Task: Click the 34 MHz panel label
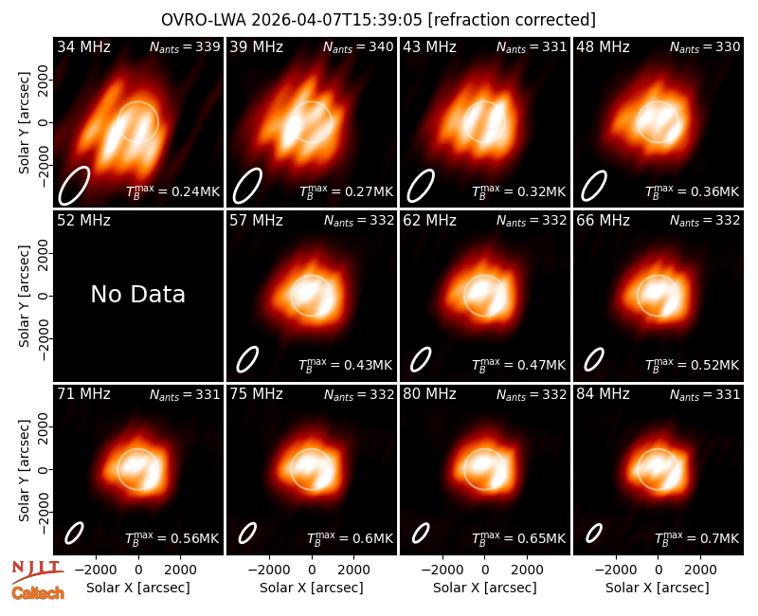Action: pyautogui.click(x=83, y=46)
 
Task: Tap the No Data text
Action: pyautogui.click(x=138, y=294)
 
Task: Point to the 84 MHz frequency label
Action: pyautogui.click(x=603, y=394)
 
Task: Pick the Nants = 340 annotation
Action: pyautogui.click(x=358, y=46)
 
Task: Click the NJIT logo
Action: pyautogui.click(x=38, y=571)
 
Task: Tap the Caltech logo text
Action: pyautogui.click(x=38, y=593)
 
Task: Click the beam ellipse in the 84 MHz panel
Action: pyautogui.click(x=594, y=534)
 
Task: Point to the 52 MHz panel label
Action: pyautogui.click(x=83, y=221)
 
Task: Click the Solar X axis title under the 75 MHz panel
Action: pyautogui.click(x=312, y=588)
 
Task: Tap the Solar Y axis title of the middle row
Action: pyautogui.click(x=25, y=296)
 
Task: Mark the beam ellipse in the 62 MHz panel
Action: pyautogui.click(x=421, y=360)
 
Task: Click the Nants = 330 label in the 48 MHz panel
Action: pyautogui.click(x=705, y=46)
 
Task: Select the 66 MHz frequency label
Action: pyautogui.click(x=603, y=221)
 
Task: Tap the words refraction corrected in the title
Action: pyautogui.click(x=512, y=20)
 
